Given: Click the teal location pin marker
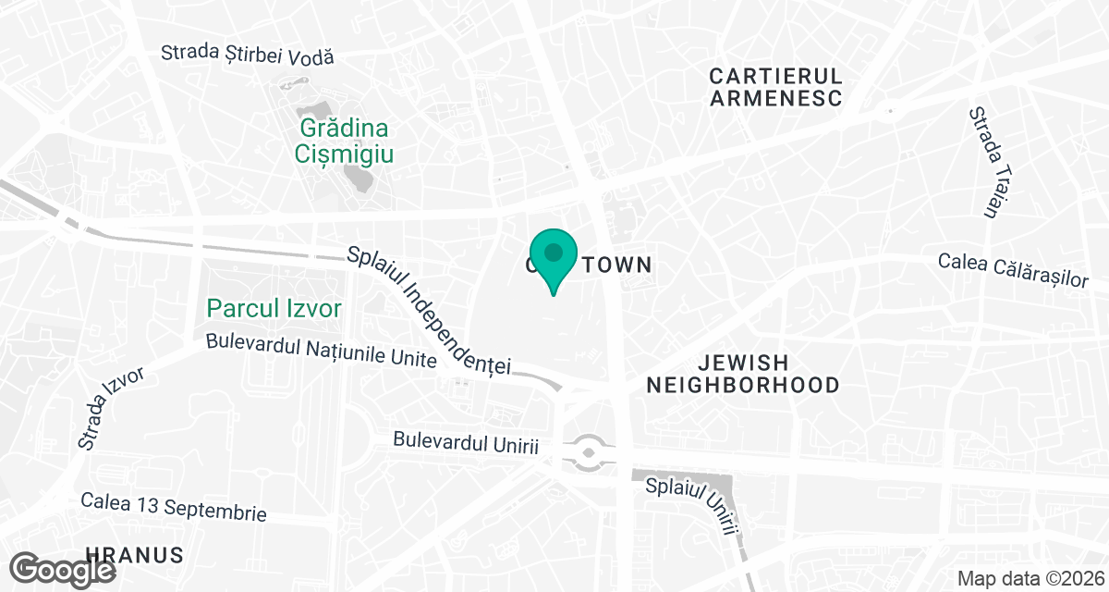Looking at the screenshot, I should pos(554,255).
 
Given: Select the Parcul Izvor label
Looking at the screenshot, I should pos(274,308).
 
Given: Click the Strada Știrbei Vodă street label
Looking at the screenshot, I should pos(247,55).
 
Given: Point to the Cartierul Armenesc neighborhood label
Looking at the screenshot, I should pos(776,87).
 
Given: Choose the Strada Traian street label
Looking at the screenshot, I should pos(985,162).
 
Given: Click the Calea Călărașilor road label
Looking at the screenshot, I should pos(1013,269).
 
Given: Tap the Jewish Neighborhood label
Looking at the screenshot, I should pos(743,374).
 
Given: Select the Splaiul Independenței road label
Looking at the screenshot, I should pos(429,310).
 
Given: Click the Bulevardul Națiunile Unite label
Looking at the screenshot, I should pos(321,351).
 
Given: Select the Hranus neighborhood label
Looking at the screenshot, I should pos(134,555).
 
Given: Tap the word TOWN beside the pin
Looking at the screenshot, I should pos(616,265).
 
